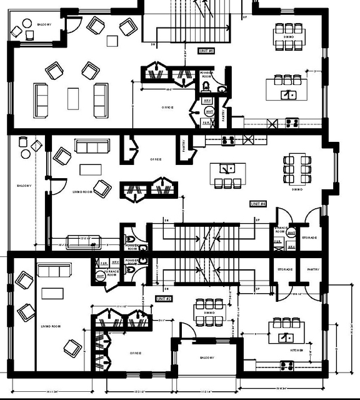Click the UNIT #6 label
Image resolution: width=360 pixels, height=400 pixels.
point(207,50)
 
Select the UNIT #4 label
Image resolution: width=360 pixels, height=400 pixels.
point(258,204)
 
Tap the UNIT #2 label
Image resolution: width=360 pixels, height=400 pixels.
point(164,299)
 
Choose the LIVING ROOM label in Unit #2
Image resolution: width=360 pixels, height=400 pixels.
point(50,327)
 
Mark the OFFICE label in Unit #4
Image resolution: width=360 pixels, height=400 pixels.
point(156,159)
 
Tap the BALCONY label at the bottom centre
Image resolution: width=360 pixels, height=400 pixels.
point(207,357)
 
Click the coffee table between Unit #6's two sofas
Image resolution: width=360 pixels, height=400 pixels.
point(73,98)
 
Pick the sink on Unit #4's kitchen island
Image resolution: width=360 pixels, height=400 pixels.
point(229,168)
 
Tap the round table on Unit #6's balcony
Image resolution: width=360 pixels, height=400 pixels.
point(28,24)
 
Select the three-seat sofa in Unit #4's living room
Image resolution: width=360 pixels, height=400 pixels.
point(92,146)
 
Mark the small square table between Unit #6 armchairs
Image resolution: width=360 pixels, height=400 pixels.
point(112,41)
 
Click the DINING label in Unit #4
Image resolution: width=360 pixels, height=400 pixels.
point(296,189)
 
